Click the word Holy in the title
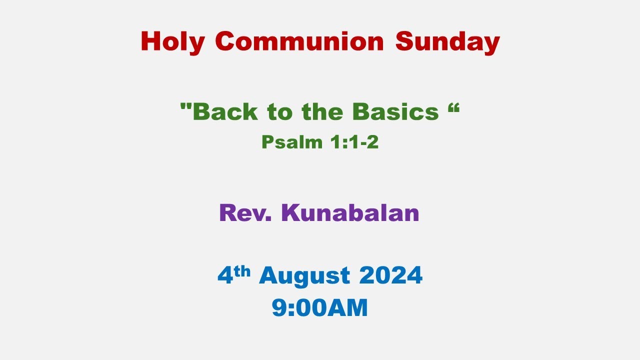coord(172,41)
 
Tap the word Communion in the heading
coord(299,41)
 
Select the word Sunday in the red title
coord(447,41)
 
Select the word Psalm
coord(292,142)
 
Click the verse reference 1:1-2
coord(354,142)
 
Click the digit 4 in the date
coord(225,275)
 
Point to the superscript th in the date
coord(244,270)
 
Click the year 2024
coord(390,275)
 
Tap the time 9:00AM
coord(320,307)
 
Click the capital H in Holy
coord(151,41)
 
